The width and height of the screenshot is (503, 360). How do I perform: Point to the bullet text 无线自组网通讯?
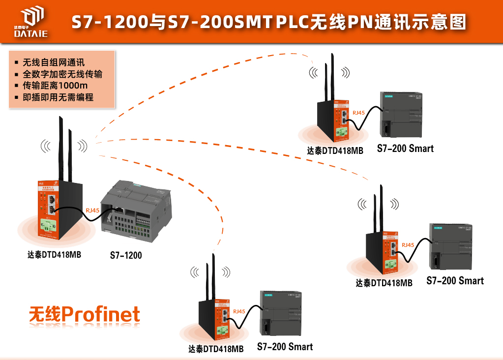pos(54,62)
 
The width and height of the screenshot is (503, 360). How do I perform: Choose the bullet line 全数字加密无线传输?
pos(62,74)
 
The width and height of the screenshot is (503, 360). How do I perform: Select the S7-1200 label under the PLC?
pos(126,255)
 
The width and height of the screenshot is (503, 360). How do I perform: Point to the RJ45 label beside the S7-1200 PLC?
pos(92,210)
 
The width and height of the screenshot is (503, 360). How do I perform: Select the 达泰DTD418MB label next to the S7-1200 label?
pos(54,255)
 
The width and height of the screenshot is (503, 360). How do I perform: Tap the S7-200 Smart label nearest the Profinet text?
pos(285,347)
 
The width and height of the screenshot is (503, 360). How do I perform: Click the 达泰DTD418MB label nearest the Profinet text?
pos(216,349)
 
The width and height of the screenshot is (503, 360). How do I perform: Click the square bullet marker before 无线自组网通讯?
pos(16,63)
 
